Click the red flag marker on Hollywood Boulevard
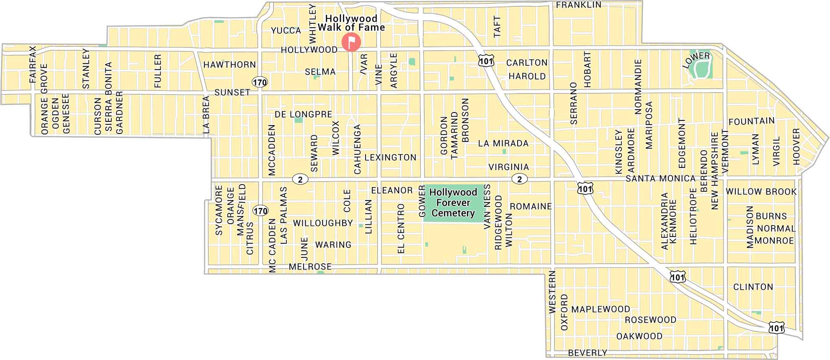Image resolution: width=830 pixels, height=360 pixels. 351,42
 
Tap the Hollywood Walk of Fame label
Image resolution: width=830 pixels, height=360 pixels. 351,23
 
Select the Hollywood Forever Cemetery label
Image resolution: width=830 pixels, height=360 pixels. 453,203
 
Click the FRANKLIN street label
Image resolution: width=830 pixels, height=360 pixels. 578,5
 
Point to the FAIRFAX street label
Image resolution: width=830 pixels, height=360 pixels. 33,64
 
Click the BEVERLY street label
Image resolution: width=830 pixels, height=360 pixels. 588,353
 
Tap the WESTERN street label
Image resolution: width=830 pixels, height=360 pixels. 552,292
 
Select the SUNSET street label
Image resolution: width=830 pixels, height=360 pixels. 232,92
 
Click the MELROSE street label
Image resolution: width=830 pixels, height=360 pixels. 310,267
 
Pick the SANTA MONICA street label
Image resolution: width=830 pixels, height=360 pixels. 660,178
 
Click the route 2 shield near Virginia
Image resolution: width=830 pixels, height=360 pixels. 520,179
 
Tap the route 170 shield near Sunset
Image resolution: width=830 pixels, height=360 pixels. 260,82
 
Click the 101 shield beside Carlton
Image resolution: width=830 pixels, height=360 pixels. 486,61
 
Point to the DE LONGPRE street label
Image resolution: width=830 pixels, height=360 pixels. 303,114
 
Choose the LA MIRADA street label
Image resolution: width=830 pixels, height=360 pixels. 503,143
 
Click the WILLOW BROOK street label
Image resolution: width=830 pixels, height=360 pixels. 761,192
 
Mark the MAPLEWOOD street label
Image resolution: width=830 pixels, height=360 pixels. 601,309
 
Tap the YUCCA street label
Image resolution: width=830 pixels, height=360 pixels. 286,31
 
